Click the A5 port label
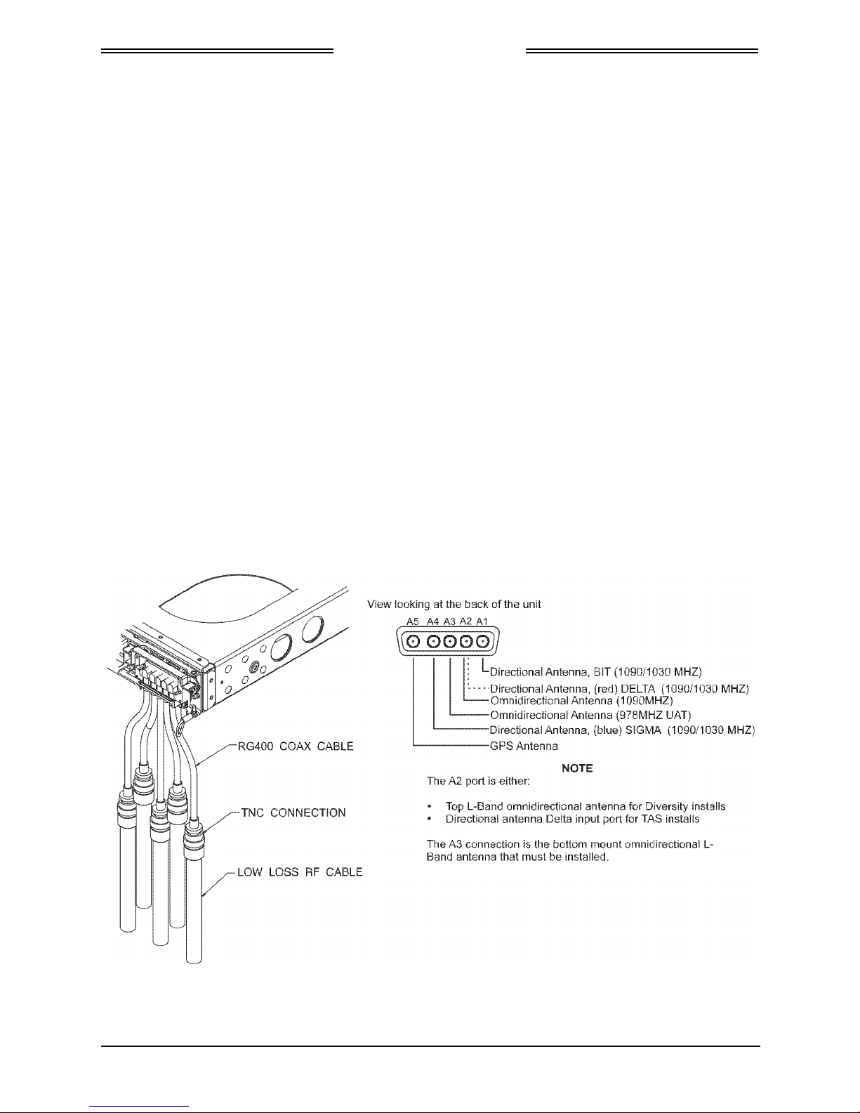[x=414, y=621]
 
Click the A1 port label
[x=482, y=621]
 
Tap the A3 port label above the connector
[x=450, y=621]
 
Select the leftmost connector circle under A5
[x=414, y=642]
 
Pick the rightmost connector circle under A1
[x=482, y=642]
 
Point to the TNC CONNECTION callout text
[x=293, y=812]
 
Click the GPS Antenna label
[x=524, y=746]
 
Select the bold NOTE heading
[x=577, y=768]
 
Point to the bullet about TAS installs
[x=572, y=819]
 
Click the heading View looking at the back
[x=454, y=605]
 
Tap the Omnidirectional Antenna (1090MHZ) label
[x=581, y=701]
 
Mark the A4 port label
[x=433, y=621]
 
